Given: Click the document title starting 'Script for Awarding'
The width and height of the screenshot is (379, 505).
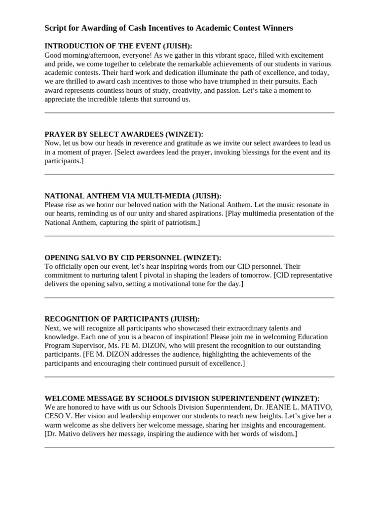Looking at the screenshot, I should click(169, 28).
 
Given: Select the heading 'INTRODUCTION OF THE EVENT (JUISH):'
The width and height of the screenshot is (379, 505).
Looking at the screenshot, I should click(118, 46).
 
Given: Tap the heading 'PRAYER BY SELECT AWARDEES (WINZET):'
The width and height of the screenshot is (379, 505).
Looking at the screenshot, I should click(124, 134).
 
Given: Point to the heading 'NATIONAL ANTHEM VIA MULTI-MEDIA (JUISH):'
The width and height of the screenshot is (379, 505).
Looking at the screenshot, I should click(133, 196).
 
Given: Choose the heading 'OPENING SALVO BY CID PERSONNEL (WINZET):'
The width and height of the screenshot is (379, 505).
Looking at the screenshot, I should click(133, 257).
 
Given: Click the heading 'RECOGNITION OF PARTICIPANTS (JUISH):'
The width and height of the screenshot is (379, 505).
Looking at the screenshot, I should click(122, 319).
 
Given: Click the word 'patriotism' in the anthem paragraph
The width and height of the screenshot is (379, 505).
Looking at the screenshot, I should click(180, 222).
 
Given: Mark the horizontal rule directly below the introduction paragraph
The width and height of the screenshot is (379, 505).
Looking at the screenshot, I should click(189, 113).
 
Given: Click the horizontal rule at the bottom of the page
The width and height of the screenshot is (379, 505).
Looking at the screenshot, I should click(189, 447).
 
